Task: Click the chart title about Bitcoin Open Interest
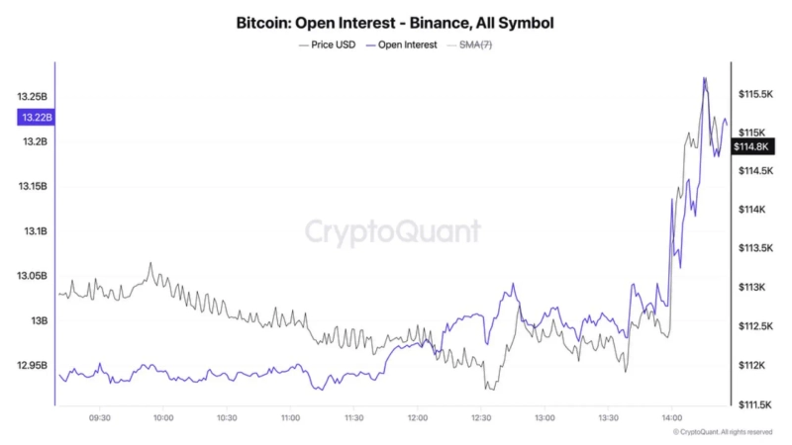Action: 395,21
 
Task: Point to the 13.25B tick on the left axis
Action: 32,97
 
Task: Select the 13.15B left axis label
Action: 32,187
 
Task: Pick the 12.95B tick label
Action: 32,366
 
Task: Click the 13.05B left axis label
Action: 32,276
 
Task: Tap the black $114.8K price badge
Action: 751,147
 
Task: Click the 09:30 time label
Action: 100,418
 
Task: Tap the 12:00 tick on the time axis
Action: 417,418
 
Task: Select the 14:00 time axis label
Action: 671,418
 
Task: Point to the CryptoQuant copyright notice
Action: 722,432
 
